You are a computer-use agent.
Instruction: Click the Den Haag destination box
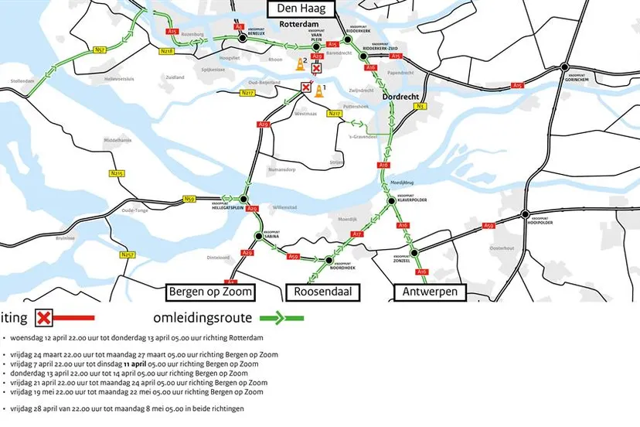coord(301,9)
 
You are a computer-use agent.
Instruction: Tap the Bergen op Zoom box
coord(209,292)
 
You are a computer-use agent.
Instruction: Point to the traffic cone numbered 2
coord(301,65)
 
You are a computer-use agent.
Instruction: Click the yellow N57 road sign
coord(100,50)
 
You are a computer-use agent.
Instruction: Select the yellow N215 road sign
coord(117,173)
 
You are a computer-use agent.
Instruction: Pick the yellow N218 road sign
coord(167,51)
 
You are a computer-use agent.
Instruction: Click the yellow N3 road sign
coord(420,106)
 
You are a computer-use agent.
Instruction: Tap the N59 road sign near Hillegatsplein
coord(189,199)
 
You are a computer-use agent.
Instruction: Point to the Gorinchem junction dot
coord(566,67)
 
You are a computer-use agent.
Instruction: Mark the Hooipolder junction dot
coord(525,214)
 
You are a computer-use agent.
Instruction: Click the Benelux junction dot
coord(242,36)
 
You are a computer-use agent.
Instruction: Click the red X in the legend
coord(45,317)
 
